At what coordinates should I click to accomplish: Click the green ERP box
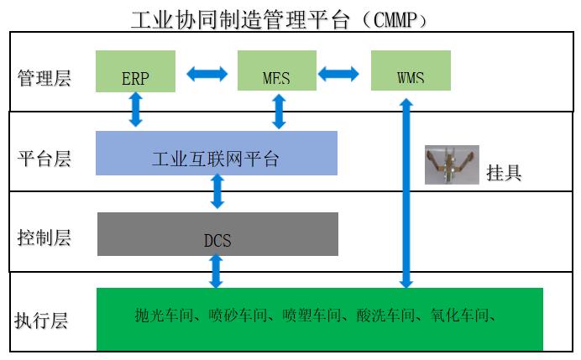pyautogui.click(x=135, y=71)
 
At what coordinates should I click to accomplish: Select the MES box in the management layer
pyautogui.click(x=277, y=70)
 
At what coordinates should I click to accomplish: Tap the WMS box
pyautogui.click(x=411, y=70)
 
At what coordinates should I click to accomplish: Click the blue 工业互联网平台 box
pyautogui.click(x=217, y=153)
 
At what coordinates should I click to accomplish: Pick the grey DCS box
pyautogui.click(x=218, y=234)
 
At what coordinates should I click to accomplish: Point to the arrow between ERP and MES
pyautogui.click(x=207, y=74)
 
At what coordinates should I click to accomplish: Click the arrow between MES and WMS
pyautogui.click(x=338, y=74)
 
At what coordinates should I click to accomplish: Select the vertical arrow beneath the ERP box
pyautogui.click(x=136, y=109)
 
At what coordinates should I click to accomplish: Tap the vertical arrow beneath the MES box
pyautogui.click(x=279, y=112)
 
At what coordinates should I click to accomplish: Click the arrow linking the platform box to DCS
pyautogui.click(x=217, y=191)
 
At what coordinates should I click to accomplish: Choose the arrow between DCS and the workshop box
pyautogui.click(x=216, y=271)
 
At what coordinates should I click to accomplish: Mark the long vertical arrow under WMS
pyautogui.click(x=406, y=193)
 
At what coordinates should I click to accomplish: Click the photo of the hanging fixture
pyautogui.click(x=452, y=164)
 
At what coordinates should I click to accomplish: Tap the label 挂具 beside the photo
pyautogui.click(x=504, y=173)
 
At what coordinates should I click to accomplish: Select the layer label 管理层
pyautogui.click(x=44, y=78)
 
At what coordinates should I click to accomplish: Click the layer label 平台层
pyautogui.click(x=44, y=159)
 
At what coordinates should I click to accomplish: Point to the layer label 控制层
pyautogui.click(x=44, y=237)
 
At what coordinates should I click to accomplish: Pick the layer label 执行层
pyautogui.click(x=41, y=321)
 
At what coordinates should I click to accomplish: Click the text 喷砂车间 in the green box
pyautogui.click(x=238, y=316)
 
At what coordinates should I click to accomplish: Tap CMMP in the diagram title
pyautogui.click(x=395, y=19)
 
